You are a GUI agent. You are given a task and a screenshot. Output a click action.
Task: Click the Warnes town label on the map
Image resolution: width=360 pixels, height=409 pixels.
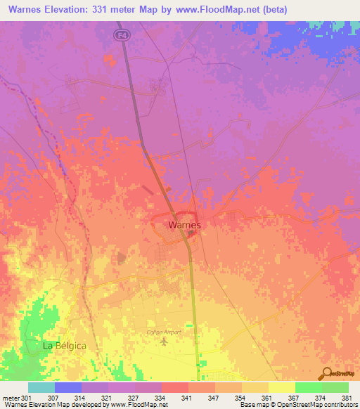point(185,226)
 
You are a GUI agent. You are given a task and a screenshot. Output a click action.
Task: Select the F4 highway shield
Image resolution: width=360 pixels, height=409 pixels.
point(121,34)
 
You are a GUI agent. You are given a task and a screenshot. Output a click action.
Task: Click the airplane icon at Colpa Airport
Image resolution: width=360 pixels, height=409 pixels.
point(165,342)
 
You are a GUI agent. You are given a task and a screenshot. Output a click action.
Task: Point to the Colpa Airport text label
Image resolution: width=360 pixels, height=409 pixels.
point(164,332)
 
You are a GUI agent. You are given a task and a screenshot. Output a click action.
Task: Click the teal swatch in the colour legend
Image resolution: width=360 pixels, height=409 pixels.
point(41,387)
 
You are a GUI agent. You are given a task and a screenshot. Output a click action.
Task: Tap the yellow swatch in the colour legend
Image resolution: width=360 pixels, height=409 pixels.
point(281,387)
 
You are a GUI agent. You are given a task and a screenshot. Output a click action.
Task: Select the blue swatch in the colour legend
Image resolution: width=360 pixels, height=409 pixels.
point(67,387)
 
